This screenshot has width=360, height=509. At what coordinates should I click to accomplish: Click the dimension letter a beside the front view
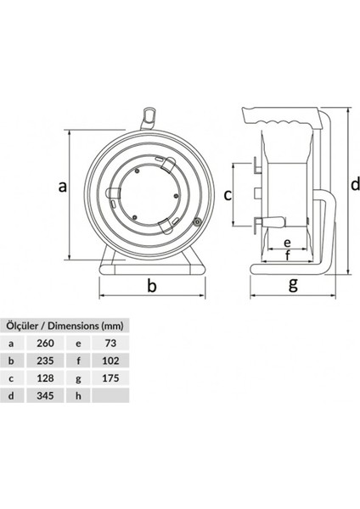coord(62,188)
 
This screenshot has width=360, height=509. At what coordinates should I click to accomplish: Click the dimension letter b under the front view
coord(152,286)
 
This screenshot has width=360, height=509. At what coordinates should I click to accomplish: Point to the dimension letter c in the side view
coord(228,195)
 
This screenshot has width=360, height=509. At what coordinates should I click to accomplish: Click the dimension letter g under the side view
coord(293,283)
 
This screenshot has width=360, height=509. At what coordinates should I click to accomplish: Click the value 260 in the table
coord(47,343)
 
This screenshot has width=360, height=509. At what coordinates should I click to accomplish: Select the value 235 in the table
coord(47,361)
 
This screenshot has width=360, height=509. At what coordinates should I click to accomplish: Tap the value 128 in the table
coord(47,378)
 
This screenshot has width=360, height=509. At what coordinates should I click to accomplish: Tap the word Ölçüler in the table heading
coord(24,325)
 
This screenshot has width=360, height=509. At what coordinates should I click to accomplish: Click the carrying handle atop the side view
coord(285,115)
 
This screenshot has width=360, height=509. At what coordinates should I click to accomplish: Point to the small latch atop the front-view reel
coord(149,113)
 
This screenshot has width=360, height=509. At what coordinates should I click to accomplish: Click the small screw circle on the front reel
coord(196,224)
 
